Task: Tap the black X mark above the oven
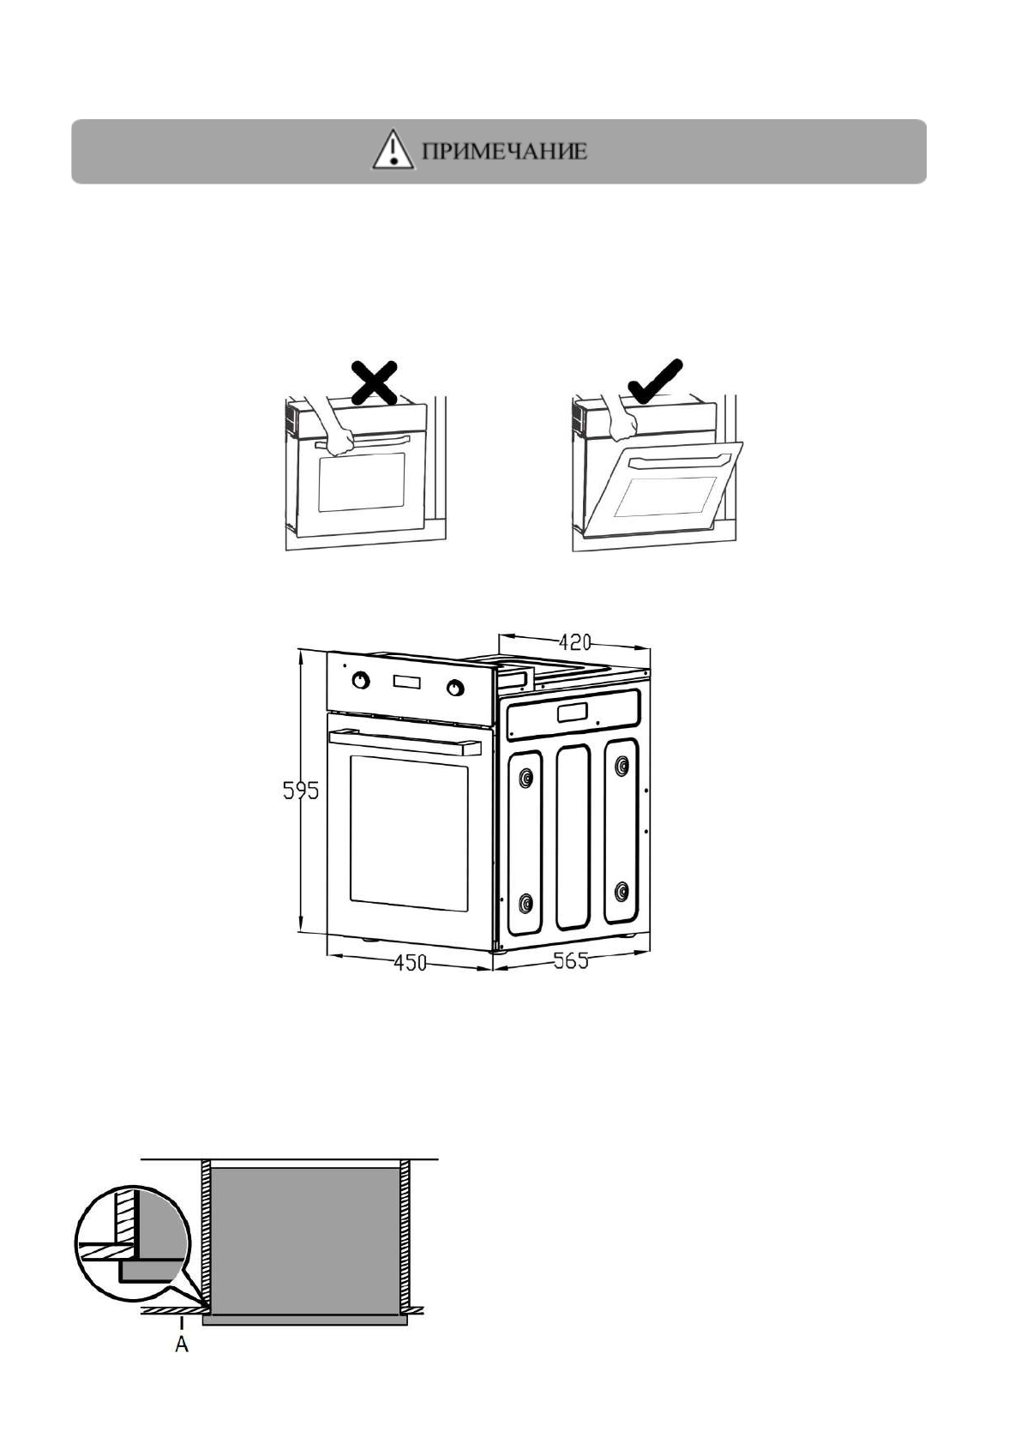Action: (x=373, y=382)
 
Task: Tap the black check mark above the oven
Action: (x=655, y=379)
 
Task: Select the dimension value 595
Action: (x=300, y=790)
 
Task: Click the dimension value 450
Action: (x=410, y=963)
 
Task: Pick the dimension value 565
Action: (x=570, y=960)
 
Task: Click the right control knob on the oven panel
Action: (x=455, y=688)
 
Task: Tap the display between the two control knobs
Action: (x=408, y=683)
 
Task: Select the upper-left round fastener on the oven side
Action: (x=526, y=778)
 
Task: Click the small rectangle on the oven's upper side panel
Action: (x=571, y=712)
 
